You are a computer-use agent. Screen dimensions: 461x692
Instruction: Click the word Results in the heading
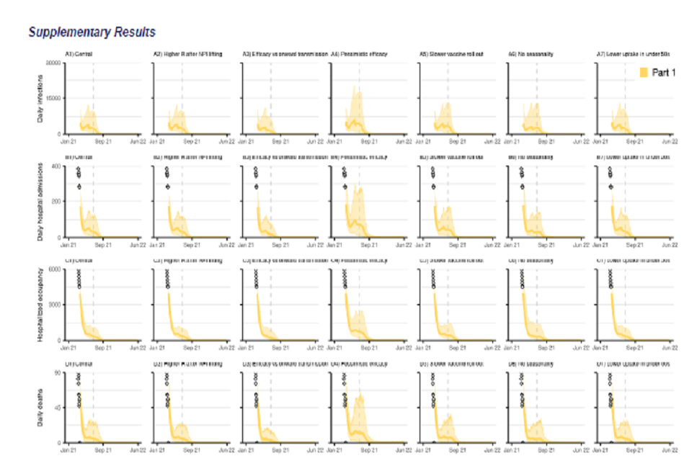[x=133, y=32]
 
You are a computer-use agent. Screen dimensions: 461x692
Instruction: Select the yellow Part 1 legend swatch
[x=644, y=72]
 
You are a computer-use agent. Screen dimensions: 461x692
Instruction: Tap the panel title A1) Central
[x=79, y=54]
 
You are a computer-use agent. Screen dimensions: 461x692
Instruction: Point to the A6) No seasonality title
[x=531, y=54]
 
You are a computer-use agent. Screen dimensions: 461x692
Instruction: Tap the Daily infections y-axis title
[x=41, y=99]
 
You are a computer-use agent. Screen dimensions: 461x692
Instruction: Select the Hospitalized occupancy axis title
[x=41, y=305]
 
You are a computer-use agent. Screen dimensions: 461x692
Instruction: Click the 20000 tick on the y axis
[x=53, y=63]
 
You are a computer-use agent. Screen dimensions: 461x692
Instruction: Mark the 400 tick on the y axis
[x=56, y=166]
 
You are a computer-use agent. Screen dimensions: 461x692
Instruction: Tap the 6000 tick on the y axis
[x=55, y=269]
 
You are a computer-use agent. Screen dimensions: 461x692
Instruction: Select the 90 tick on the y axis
[x=58, y=372]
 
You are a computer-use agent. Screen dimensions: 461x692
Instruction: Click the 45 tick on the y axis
[x=58, y=406]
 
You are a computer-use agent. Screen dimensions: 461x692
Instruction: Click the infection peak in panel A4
[x=355, y=86]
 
